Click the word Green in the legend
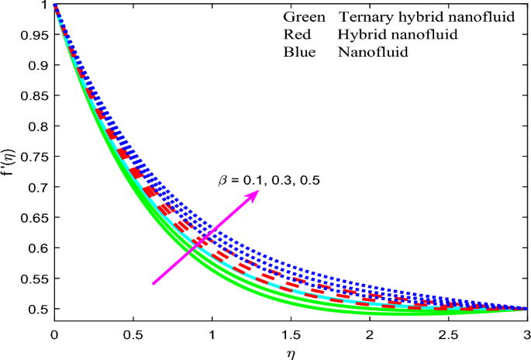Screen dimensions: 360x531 [x=305, y=17]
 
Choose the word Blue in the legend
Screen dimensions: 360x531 [x=299, y=53]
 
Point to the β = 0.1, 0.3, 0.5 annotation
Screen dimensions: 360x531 [x=268, y=180]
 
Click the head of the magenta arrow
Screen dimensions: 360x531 [x=257, y=192]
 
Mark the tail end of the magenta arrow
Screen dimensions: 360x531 [x=153, y=284]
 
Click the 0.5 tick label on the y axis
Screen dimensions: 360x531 [x=36, y=309]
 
